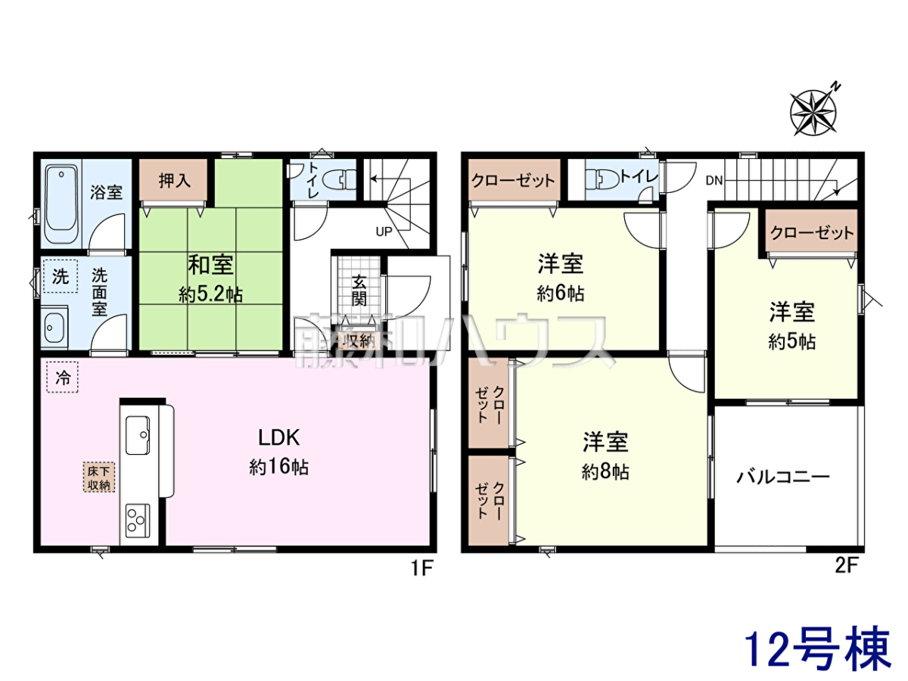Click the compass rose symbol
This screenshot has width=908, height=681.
812,112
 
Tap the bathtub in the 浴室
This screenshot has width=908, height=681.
61,204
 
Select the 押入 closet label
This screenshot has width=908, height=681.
175,181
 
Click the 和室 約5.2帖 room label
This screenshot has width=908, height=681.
211,279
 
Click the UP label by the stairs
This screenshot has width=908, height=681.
384,232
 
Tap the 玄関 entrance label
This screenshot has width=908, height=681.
359,291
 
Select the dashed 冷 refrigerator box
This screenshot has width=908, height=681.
63,377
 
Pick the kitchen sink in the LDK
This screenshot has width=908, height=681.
138,435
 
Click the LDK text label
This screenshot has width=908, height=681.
278,438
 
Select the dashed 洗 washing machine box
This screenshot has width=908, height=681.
61,276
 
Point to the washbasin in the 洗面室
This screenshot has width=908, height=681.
54,328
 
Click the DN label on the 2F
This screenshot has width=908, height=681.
714,181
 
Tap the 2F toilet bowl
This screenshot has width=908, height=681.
603,179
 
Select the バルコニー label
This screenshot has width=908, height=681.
782,477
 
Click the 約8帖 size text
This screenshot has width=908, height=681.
605,471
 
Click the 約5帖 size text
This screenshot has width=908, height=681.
791,342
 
